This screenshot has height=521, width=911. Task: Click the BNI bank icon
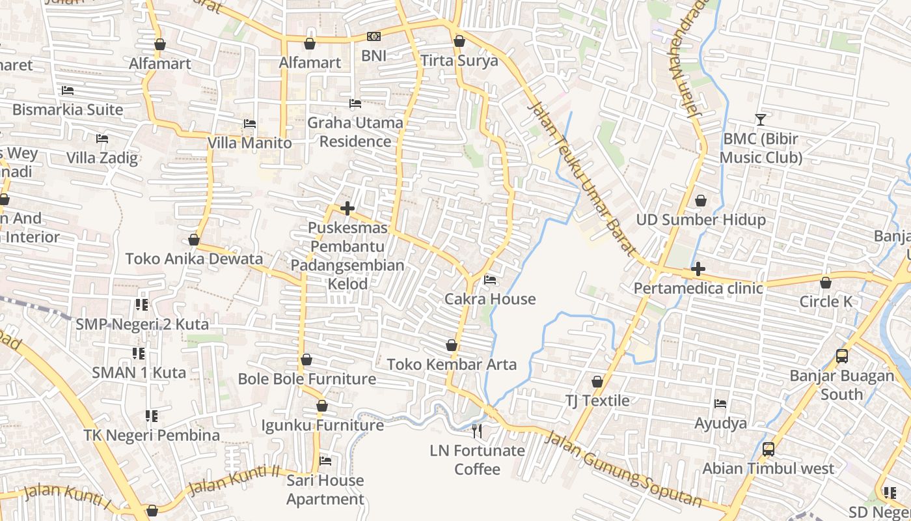pyautogui.click(x=374, y=36)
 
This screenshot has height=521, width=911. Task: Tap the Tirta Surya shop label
pyautogui.click(x=459, y=61)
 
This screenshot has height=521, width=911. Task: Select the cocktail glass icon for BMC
pyautogui.click(x=760, y=119)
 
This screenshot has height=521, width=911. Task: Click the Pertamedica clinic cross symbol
pyautogui.click(x=698, y=268)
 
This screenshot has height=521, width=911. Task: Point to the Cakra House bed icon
pyautogui.click(x=490, y=280)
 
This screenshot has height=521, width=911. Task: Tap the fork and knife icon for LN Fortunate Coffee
pyautogui.click(x=477, y=430)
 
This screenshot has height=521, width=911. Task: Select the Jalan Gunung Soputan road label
pyautogui.click(x=623, y=468)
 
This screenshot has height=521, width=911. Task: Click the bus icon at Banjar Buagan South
pyautogui.click(x=841, y=356)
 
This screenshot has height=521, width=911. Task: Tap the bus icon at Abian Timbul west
pyautogui.click(x=768, y=449)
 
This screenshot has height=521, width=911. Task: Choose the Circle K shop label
pyautogui.click(x=826, y=302)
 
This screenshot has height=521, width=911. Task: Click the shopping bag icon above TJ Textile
pyautogui.click(x=597, y=382)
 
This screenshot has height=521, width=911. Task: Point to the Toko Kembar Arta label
pyautogui.click(x=452, y=364)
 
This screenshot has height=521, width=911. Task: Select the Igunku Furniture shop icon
pyautogui.click(x=321, y=406)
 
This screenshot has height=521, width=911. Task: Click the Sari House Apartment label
pyautogui.click(x=325, y=490)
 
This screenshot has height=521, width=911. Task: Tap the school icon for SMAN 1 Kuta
pyautogui.click(x=139, y=354)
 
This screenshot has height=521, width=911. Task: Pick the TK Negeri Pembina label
pyautogui.click(x=152, y=435)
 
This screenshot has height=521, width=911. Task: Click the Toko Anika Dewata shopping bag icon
pyautogui.click(x=193, y=240)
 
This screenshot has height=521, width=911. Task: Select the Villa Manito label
pyautogui.click(x=249, y=143)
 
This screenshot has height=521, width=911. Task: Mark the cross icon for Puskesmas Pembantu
pyautogui.click(x=347, y=208)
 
